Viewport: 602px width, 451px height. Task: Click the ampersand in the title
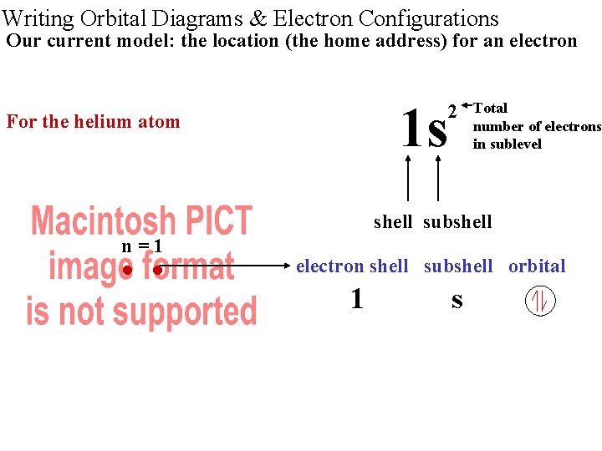click(257, 18)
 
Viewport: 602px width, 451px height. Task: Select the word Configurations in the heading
click(427, 18)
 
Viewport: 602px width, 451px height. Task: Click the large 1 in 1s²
click(411, 129)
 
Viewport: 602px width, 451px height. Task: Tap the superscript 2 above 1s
click(452, 111)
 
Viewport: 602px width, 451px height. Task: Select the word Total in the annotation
click(490, 108)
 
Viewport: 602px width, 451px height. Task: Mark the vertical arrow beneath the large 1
click(408, 179)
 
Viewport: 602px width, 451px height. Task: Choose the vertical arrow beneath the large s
click(437, 179)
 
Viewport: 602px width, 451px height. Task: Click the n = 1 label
click(141, 246)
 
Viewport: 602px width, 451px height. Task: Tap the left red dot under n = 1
click(126, 270)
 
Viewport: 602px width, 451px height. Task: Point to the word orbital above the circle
click(537, 266)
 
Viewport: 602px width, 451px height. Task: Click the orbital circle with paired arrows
click(540, 301)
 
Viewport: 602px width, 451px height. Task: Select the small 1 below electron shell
click(357, 299)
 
